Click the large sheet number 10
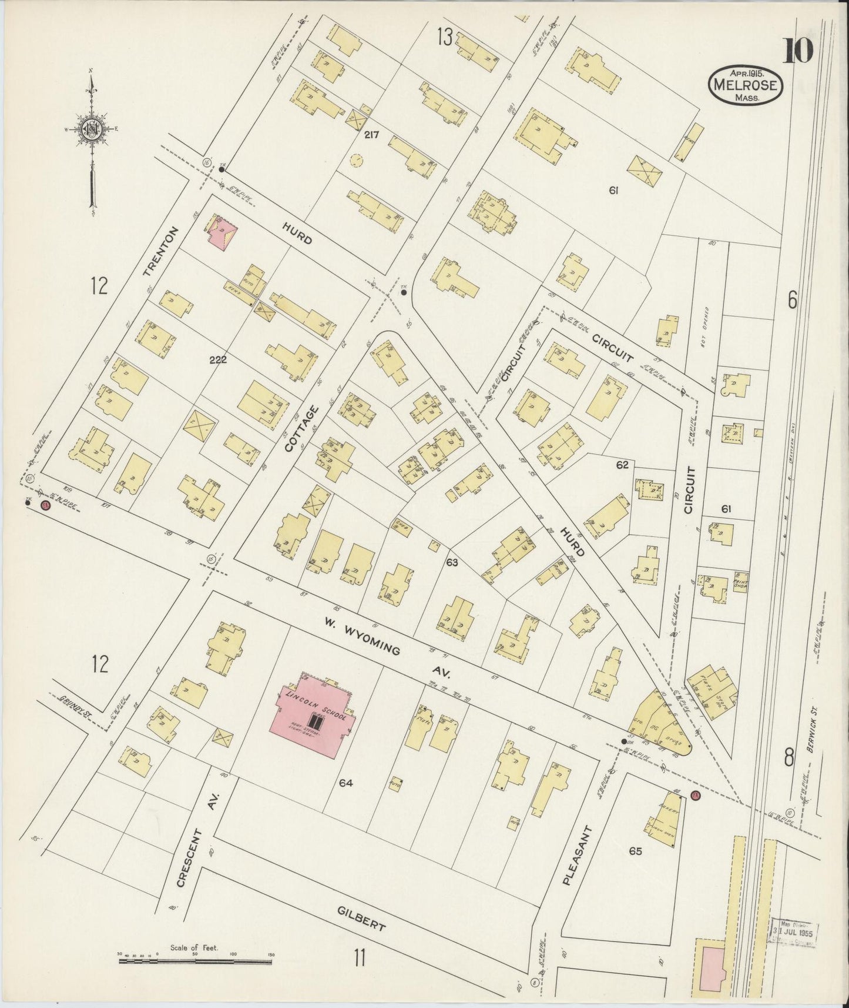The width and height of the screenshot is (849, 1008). point(797,50)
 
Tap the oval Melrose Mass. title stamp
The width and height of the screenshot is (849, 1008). point(745,86)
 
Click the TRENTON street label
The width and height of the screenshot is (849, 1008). point(159,252)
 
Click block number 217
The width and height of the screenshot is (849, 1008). point(371,135)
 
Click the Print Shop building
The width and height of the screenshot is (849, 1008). point(740,582)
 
